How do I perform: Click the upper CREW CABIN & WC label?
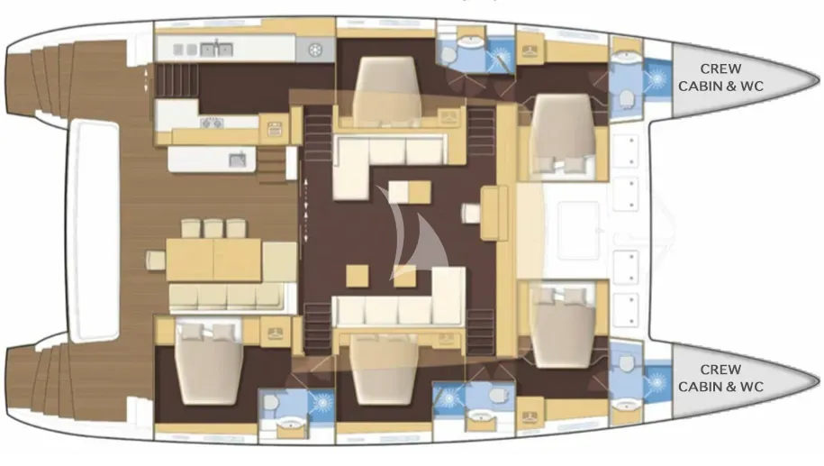720,78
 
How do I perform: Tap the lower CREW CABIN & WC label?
720,379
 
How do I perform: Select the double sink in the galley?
216,50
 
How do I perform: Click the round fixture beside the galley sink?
315,50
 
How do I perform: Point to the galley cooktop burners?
212,123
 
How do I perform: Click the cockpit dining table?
213,260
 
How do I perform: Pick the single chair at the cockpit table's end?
156,260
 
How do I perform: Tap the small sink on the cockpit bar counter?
238,160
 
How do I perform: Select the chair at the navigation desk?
471,213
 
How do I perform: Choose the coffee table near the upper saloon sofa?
410,192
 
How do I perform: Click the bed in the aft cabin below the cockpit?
209,363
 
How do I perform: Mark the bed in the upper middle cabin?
386,91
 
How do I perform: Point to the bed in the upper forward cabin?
562,133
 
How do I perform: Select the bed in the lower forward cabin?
562,327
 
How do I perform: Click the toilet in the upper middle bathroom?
448,55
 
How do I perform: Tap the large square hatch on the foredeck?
578,231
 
